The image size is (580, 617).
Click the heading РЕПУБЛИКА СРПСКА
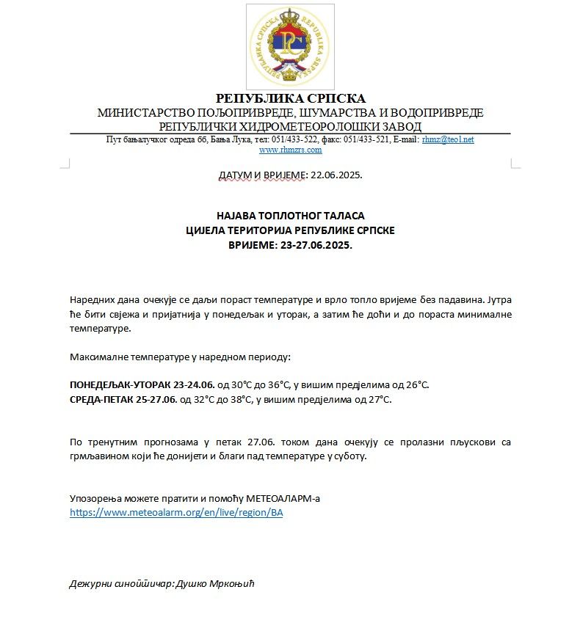click(290, 99)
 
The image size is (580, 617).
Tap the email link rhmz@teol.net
click(447, 139)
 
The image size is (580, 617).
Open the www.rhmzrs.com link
click(290, 150)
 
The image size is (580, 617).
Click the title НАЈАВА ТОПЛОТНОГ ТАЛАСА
click(290, 216)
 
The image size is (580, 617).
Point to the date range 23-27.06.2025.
click(316, 245)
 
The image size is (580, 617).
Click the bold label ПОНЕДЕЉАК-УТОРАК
click(121, 384)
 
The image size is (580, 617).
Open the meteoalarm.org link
click(176, 513)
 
